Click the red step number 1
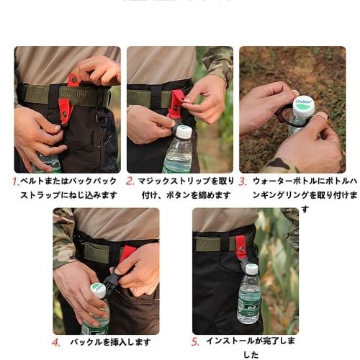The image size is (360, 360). point(16,181)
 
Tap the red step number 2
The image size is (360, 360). point(130,181)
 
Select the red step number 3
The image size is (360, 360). point(243,181)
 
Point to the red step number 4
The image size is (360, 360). point(56,342)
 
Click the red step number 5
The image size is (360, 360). point(194,342)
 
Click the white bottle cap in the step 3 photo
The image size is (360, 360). point(303,106)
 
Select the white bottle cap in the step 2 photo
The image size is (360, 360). point(184,132)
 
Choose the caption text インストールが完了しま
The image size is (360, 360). point(250,341)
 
